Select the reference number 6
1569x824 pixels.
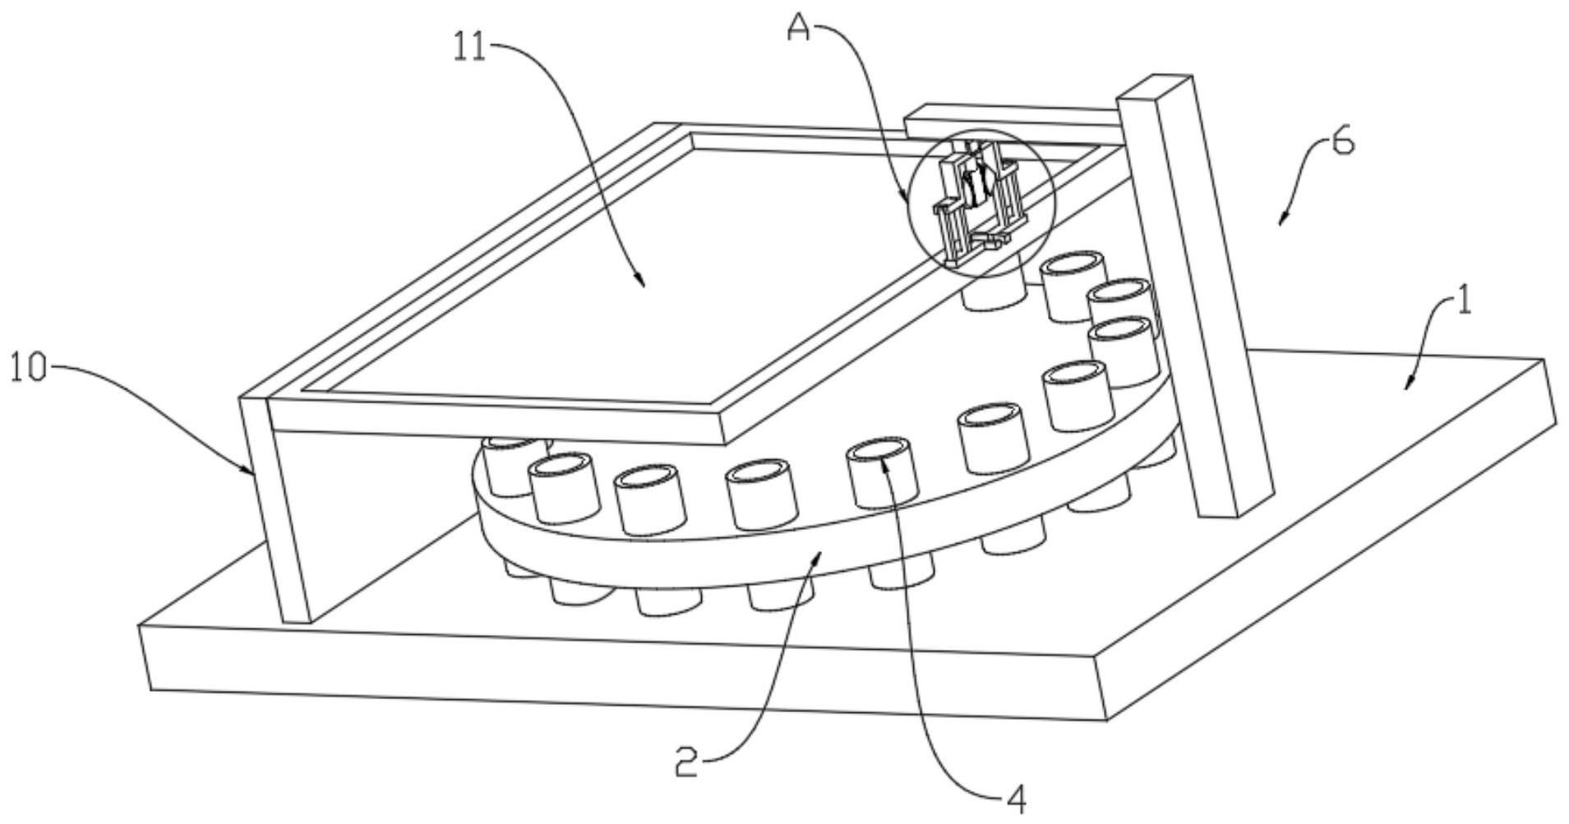1341,142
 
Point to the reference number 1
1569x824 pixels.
1464,301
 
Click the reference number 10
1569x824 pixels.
29,367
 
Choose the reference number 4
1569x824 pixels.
1017,798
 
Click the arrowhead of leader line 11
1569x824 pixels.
642,282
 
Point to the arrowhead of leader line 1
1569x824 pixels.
1409,384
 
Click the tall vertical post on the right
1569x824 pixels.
1196,296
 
